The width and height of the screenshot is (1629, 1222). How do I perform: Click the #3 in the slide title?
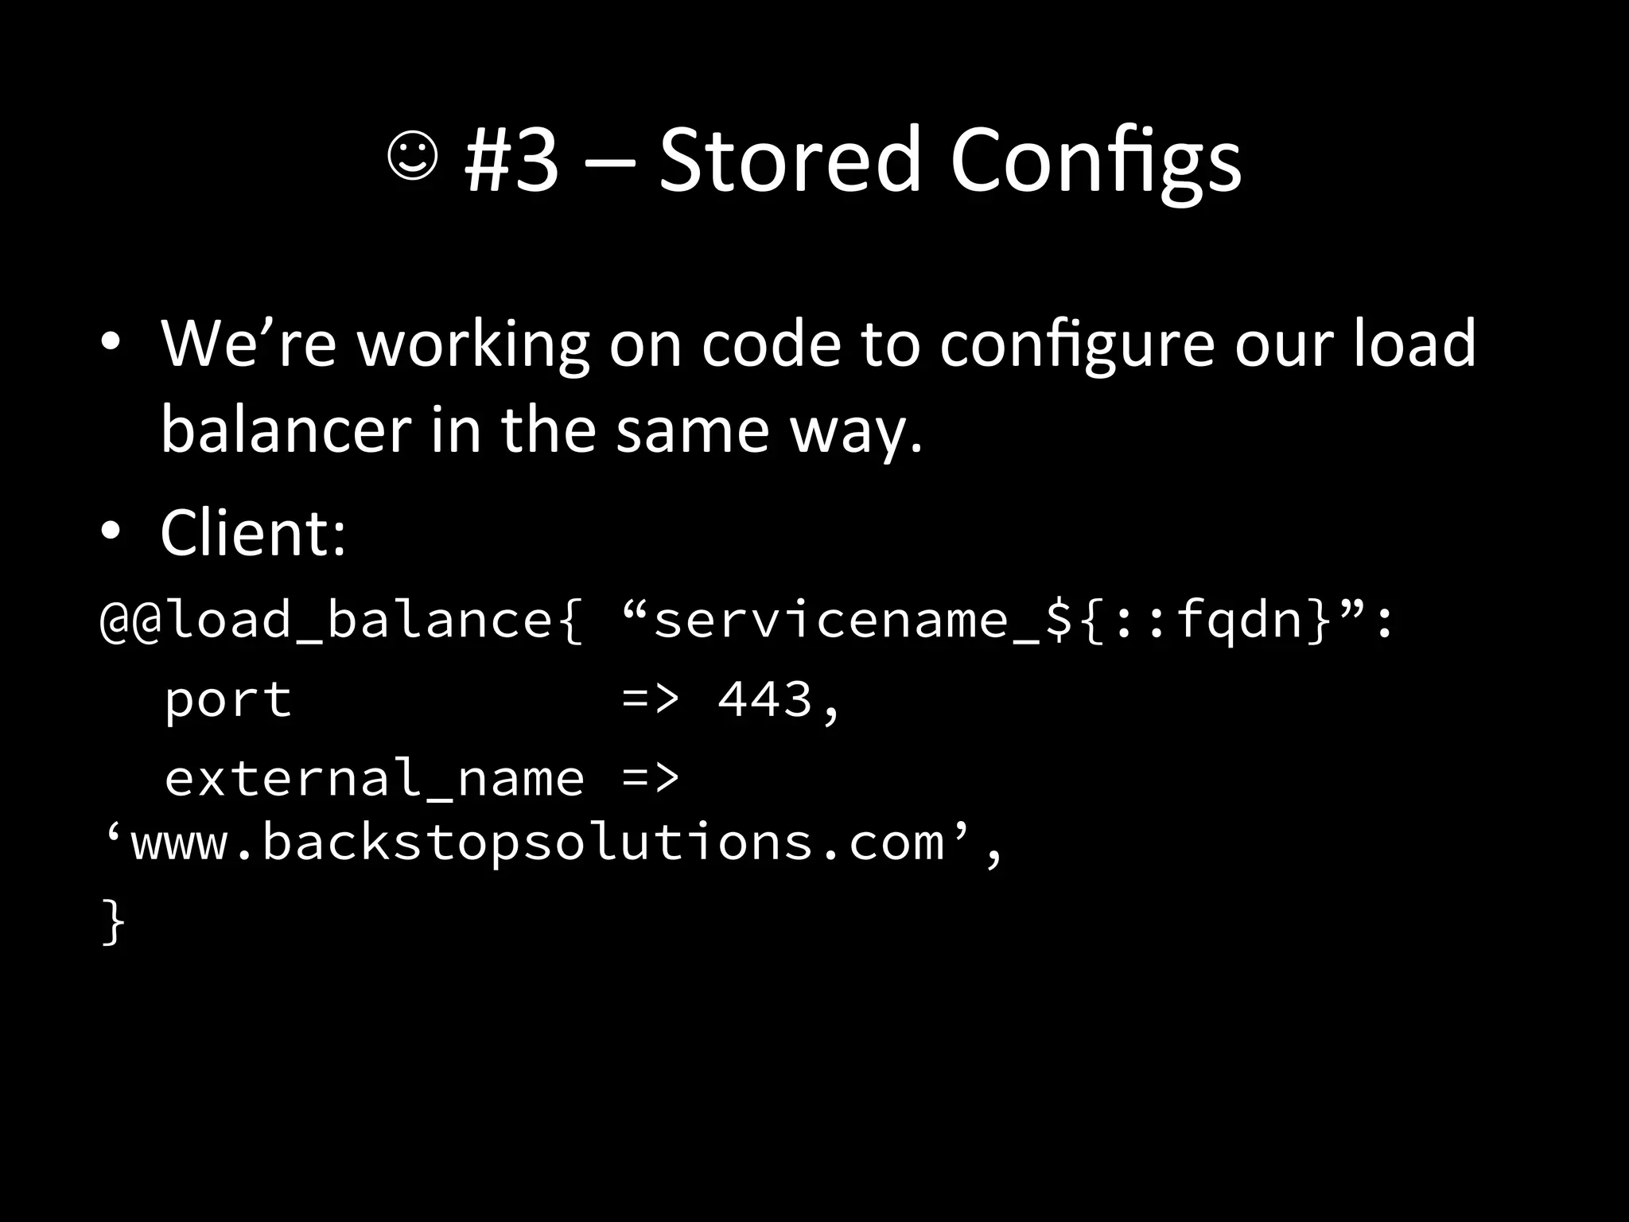point(511,160)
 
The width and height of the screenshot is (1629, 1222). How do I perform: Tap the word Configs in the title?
point(1095,163)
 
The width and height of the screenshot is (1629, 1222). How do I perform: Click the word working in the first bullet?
point(472,346)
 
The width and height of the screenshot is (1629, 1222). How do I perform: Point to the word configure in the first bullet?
point(1077,346)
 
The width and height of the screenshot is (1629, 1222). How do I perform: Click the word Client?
point(253,533)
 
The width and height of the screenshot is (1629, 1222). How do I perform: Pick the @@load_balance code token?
point(341,621)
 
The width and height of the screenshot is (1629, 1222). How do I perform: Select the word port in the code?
point(228,700)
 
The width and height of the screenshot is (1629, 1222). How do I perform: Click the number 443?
point(765,700)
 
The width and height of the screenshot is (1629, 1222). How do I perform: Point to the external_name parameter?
point(374,778)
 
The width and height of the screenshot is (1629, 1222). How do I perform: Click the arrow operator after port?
point(651,700)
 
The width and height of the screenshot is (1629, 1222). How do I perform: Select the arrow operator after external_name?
point(651,778)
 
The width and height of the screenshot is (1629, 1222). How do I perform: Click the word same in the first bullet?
point(693,430)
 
